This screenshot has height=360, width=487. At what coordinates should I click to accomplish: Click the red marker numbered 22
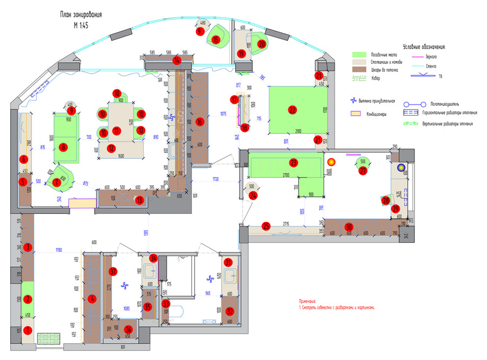(293, 110)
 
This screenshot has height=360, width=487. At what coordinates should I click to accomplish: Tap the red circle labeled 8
(63, 147)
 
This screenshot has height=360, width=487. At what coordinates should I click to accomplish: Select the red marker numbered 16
(199, 122)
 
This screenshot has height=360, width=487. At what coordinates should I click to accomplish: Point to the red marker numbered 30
(349, 227)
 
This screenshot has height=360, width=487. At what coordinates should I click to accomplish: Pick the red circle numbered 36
(128, 329)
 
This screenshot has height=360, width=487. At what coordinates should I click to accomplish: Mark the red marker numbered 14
(177, 60)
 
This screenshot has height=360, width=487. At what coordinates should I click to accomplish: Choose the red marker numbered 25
(266, 226)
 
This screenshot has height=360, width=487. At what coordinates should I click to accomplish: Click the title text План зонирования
(81, 16)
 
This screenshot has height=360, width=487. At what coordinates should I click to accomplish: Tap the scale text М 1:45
(81, 26)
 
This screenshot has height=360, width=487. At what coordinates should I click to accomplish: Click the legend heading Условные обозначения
(424, 47)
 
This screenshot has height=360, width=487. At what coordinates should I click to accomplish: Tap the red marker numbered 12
(112, 148)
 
